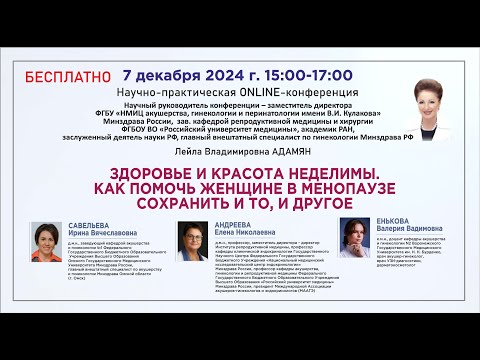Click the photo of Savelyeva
tap(49, 241)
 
